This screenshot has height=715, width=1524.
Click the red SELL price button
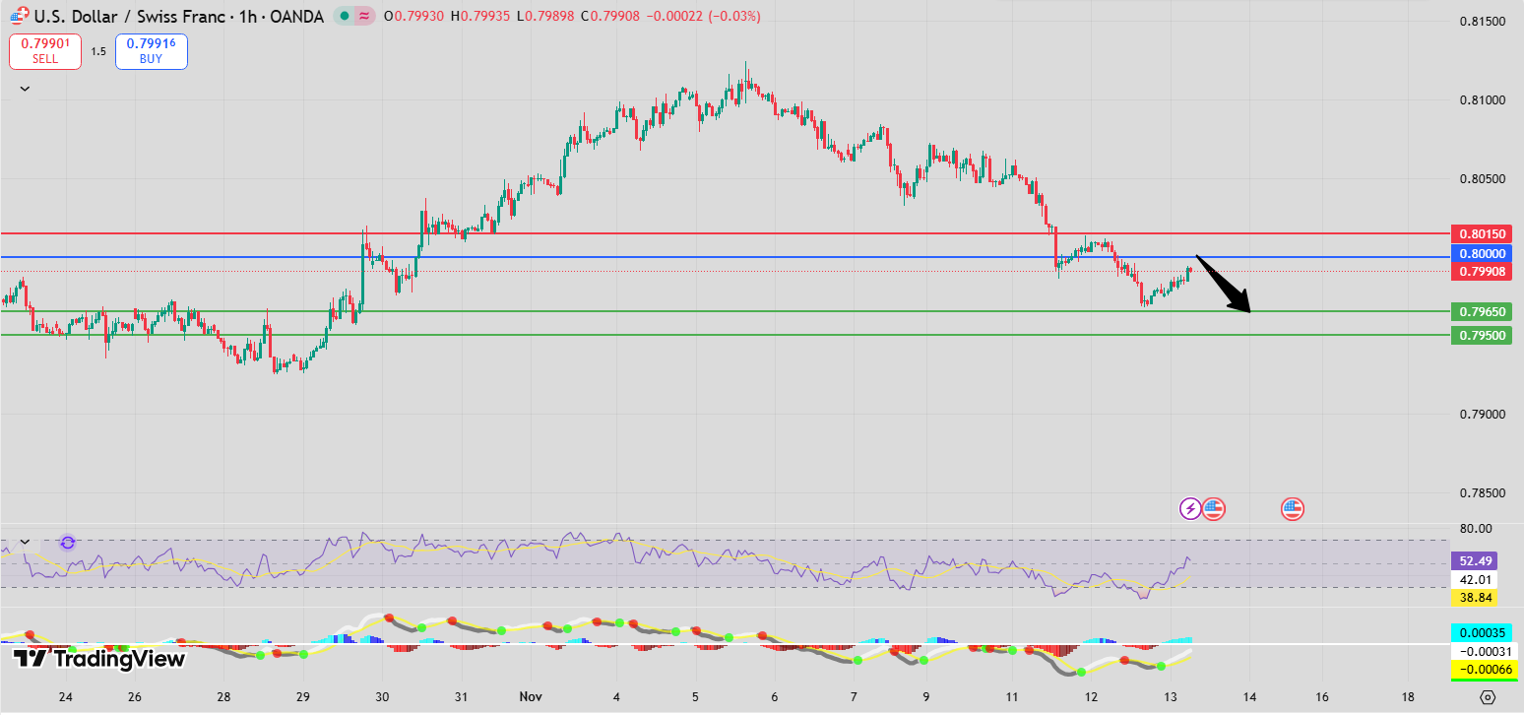click(x=44, y=51)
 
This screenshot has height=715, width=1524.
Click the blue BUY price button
click(x=151, y=51)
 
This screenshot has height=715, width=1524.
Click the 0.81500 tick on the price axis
click(x=1481, y=22)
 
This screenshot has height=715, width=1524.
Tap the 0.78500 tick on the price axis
click(x=1481, y=492)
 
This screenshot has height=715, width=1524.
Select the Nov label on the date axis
click(x=531, y=696)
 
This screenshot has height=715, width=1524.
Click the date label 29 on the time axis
click(x=303, y=696)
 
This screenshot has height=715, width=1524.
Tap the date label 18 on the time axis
click(x=1409, y=696)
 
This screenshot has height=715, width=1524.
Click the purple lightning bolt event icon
click(x=1190, y=508)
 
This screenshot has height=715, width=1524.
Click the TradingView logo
click(x=98, y=659)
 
